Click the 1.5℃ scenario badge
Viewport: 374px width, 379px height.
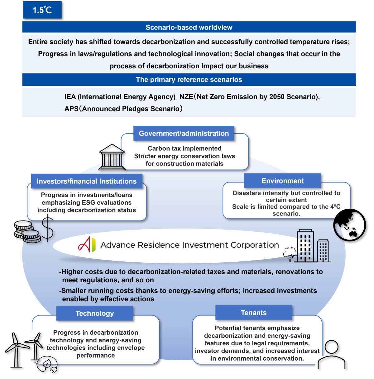pos(42,10)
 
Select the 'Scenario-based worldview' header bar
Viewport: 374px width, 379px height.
pos(189,27)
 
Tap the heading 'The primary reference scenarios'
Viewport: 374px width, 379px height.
pos(189,80)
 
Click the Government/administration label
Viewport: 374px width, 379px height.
pos(184,134)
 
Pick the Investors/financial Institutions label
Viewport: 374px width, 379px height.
pos(87,181)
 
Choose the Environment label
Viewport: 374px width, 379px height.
pos(282,181)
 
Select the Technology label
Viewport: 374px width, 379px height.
pos(94,313)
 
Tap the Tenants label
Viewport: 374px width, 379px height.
pos(254,313)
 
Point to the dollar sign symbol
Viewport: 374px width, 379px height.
pos(48,229)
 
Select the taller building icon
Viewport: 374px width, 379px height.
pos(305,246)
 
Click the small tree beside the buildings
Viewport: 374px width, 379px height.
pos(290,254)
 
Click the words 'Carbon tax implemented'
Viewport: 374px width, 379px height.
pos(185,148)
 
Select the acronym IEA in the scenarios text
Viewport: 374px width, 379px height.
pos(70,97)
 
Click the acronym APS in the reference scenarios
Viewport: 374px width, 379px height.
pos(71,109)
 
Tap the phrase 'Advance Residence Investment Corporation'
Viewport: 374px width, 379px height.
pos(189,245)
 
